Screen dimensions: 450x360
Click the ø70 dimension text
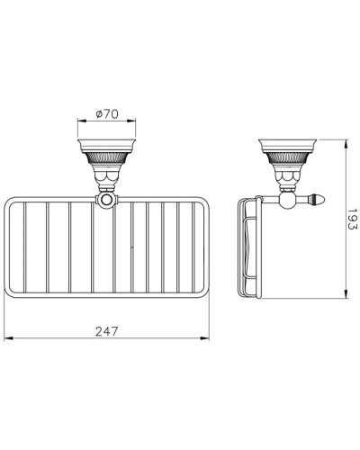[x=108, y=115]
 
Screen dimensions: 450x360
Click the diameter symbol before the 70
[x=100, y=115]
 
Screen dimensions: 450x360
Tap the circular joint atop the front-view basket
[x=107, y=202]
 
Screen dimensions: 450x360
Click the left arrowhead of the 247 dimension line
[x=8, y=338]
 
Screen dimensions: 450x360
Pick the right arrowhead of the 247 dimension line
[x=208, y=338]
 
